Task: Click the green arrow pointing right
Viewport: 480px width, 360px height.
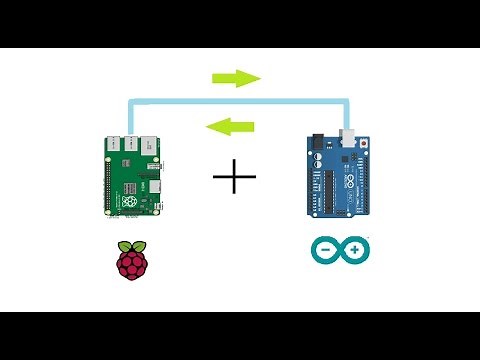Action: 236,79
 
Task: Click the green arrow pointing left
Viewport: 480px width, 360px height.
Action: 229,126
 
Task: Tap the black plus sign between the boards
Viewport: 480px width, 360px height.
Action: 235,179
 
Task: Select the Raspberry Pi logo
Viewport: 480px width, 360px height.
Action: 131,260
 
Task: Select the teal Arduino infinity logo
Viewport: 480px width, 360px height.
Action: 340,249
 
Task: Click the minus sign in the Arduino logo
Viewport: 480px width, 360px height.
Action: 327,249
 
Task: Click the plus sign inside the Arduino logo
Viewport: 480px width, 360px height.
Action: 353,249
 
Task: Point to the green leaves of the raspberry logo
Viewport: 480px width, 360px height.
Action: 131,244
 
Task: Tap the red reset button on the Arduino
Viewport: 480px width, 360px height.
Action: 364,142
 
